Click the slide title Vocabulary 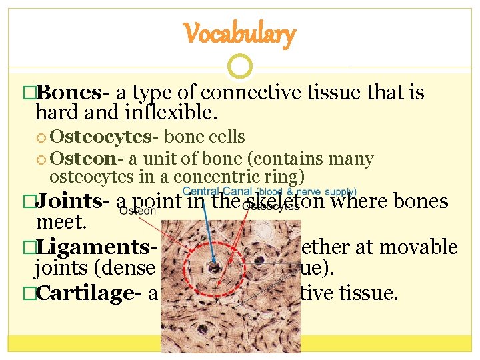239,34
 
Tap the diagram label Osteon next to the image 139,211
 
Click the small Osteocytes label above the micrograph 271,207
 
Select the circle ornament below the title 239,66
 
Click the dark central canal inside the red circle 215,268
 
